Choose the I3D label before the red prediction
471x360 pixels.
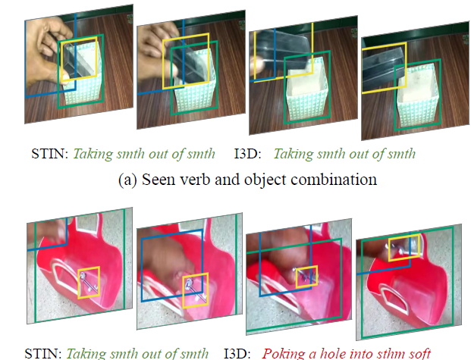[237, 354]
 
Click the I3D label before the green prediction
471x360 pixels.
[248, 154]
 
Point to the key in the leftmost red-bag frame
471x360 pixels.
[89, 283]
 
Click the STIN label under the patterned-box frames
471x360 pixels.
[50, 154]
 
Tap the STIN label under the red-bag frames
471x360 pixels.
[43, 354]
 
